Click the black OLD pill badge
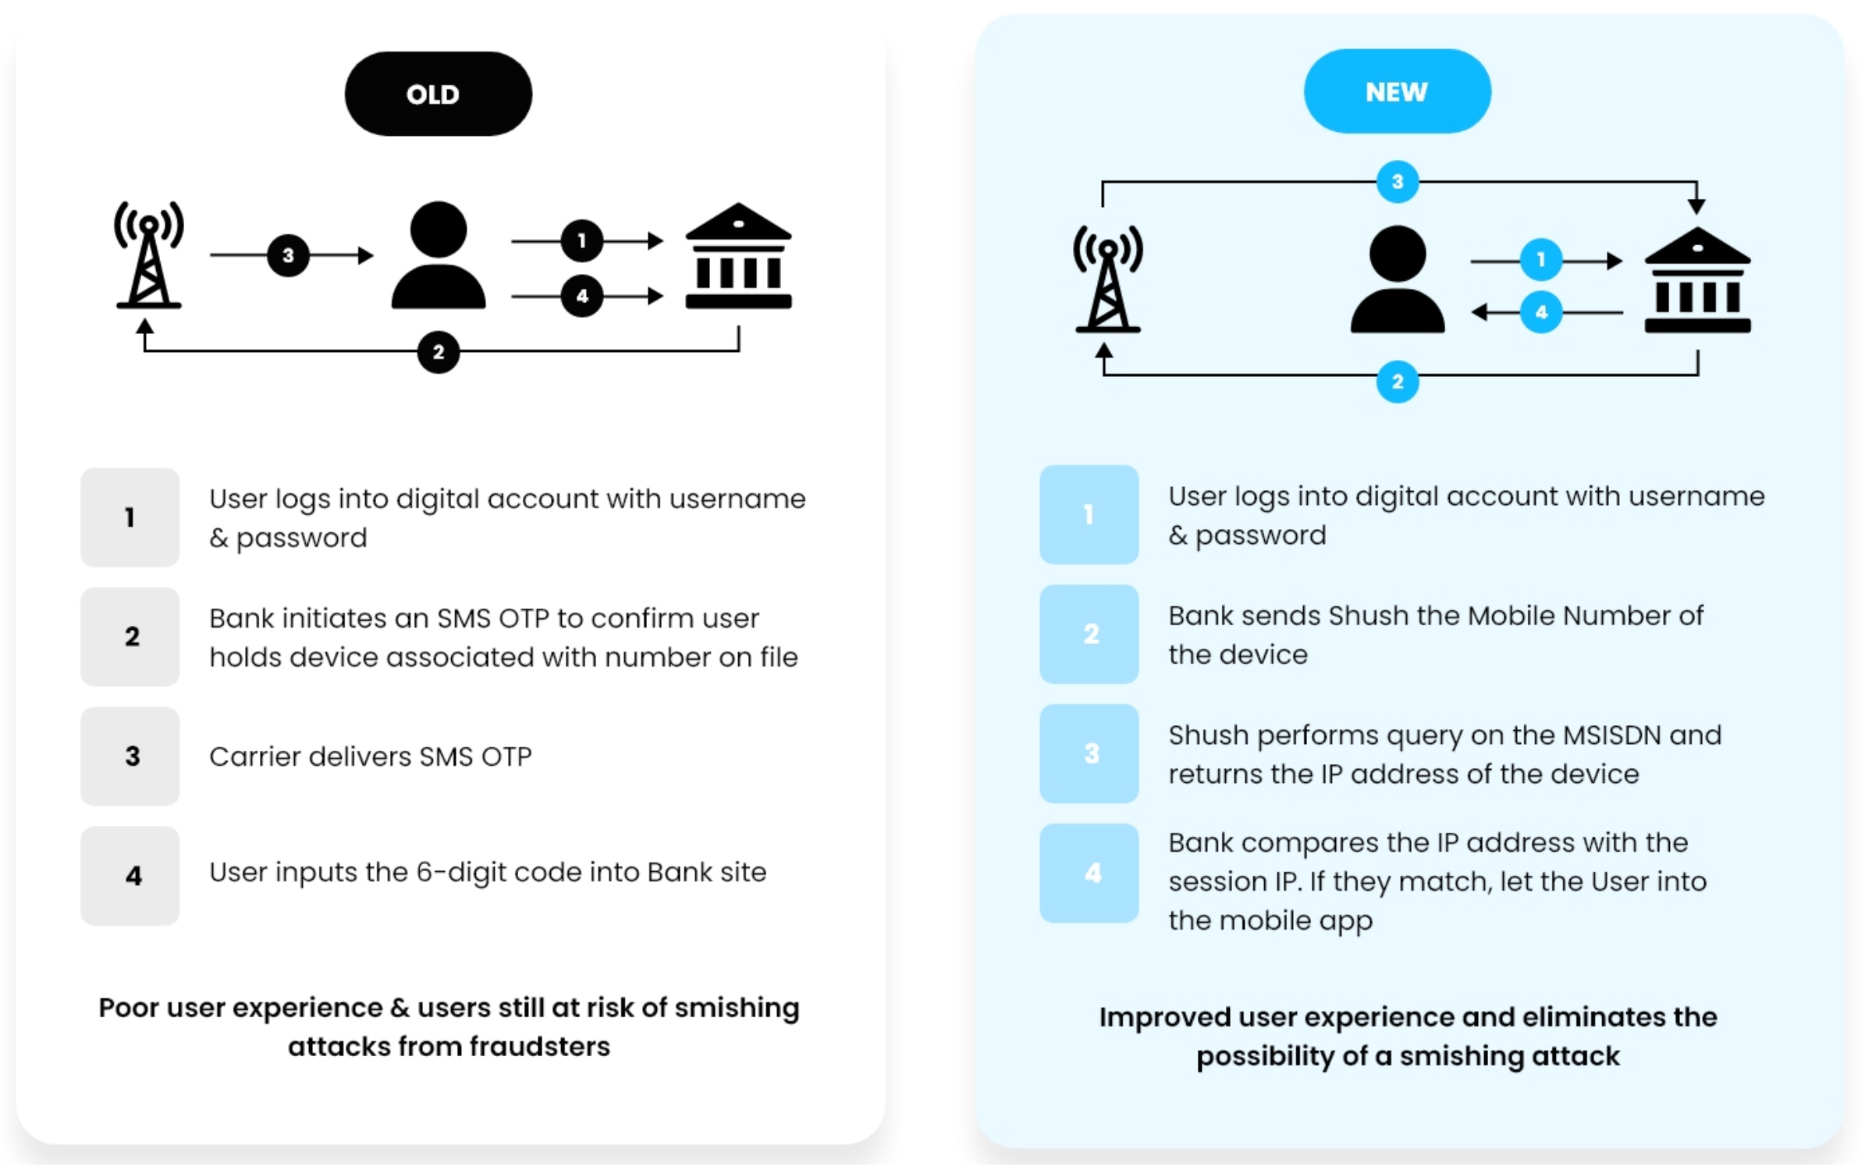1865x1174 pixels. click(438, 94)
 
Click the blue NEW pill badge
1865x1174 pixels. click(1396, 91)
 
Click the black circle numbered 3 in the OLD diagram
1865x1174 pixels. click(288, 255)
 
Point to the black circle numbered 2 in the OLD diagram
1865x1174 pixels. click(438, 352)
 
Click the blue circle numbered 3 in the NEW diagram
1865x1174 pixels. click(1397, 182)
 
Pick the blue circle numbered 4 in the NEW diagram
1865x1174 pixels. click(1540, 312)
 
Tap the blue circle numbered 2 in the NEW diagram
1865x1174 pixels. click(1397, 382)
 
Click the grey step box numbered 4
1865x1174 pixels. click(130, 875)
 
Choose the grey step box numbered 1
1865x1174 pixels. click(130, 517)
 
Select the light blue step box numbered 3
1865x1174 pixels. click(1089, 753)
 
